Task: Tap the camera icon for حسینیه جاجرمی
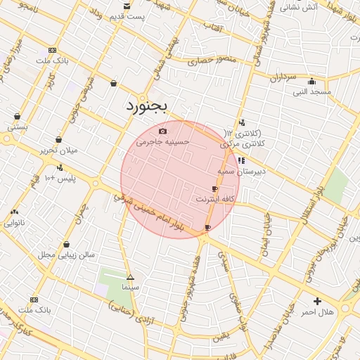coord(162,131)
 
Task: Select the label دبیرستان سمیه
coord(239,171)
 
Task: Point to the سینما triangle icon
coord(130,277)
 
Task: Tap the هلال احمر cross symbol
coord(317,301)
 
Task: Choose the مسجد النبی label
coord(311,91)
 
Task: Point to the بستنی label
coord(18,127)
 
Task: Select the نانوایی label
coord(14,223)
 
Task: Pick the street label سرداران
coord(283,77)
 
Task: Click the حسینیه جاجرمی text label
coord(163,141)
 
